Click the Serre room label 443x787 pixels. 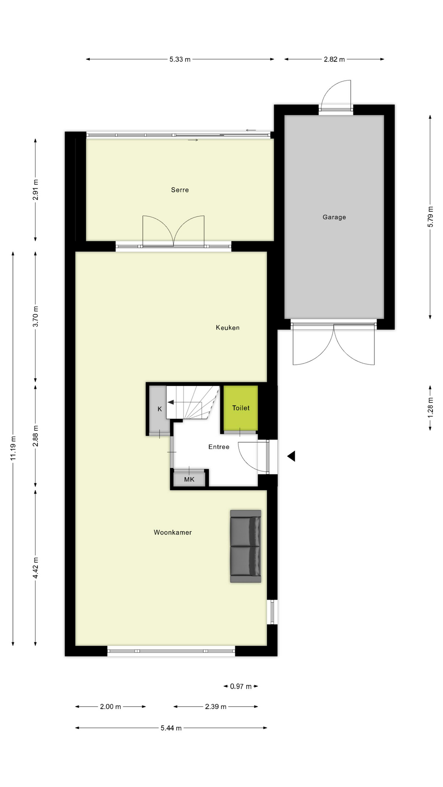click(180, 190)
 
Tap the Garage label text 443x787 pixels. click(334, 217)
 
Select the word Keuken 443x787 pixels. click(227, 328)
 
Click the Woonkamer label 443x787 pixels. click(173, 532)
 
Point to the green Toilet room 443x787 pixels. click(241, 408)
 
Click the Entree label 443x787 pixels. click(219, 447)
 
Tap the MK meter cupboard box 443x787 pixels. click(189, 479)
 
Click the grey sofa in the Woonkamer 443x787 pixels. click(245, 546)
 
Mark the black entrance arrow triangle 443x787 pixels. click(291, 456)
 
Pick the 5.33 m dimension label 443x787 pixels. click(180, 59)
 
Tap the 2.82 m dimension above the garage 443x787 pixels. click(334, 59)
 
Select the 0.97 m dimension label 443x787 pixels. click(241, 686)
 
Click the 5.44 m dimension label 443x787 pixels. click(171, 728)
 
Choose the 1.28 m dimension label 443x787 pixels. click(430, 408)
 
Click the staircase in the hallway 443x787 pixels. click(193, 403)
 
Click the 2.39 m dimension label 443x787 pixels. click(216, 707)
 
